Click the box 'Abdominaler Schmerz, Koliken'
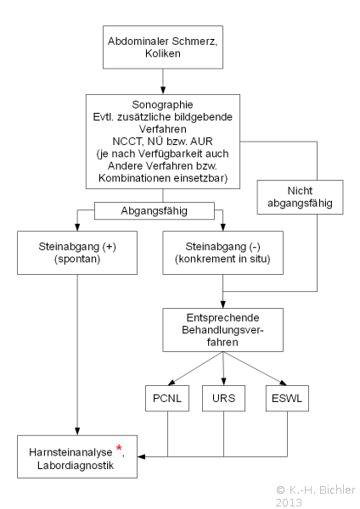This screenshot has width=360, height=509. click(163, 47)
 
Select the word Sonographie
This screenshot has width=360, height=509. click(162, 104)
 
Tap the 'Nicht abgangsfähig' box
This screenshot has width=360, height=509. click(300, 197)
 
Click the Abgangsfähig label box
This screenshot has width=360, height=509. click(155, 211)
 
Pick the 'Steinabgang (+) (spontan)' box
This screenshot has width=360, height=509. click(77, 253)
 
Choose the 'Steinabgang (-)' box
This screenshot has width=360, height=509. click(223, 253)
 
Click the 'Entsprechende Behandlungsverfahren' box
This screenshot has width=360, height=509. click(223, 330)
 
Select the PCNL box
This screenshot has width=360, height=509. click(167, 399)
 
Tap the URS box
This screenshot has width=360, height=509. click(223, 399)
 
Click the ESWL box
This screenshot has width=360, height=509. click(287, 399)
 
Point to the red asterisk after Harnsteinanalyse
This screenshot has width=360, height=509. click(119, 449)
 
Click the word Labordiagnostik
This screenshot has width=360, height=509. click(76, 466)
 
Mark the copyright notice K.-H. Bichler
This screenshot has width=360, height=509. click(316, 489)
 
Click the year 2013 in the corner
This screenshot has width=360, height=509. click(289, 502)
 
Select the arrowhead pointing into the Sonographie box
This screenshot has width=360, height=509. click(163, 90)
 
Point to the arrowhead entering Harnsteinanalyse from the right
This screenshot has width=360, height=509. click(141, 456)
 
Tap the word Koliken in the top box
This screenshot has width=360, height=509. click(163, 53)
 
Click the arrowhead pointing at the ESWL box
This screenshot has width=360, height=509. click(283, 383)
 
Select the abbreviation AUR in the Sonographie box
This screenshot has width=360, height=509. click(201, 142)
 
